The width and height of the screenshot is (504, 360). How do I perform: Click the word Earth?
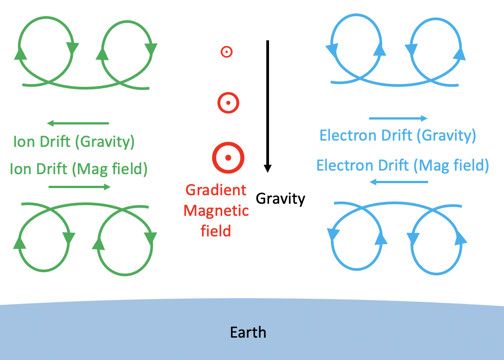[248, 333]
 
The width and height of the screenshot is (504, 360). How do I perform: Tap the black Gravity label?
[281, 198]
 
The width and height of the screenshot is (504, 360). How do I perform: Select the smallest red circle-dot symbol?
[226, 52]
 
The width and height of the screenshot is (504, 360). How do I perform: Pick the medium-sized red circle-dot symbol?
[228, 103]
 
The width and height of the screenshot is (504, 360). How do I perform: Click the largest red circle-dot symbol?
[228, 158]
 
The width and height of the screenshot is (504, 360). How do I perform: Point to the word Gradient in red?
[216, 190]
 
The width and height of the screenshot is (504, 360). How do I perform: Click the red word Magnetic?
[216, 210]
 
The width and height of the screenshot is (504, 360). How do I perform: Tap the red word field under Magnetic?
[216, 231]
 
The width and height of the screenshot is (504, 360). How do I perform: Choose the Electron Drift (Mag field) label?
[402, 165]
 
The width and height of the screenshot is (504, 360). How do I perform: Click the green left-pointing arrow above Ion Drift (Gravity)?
[78, 123]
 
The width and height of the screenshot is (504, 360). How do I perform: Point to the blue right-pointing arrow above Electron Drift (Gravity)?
[398, 118]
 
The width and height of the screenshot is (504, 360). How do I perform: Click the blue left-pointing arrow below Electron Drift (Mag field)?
[399, 182]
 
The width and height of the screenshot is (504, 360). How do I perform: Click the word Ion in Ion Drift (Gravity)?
[23, 142]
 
